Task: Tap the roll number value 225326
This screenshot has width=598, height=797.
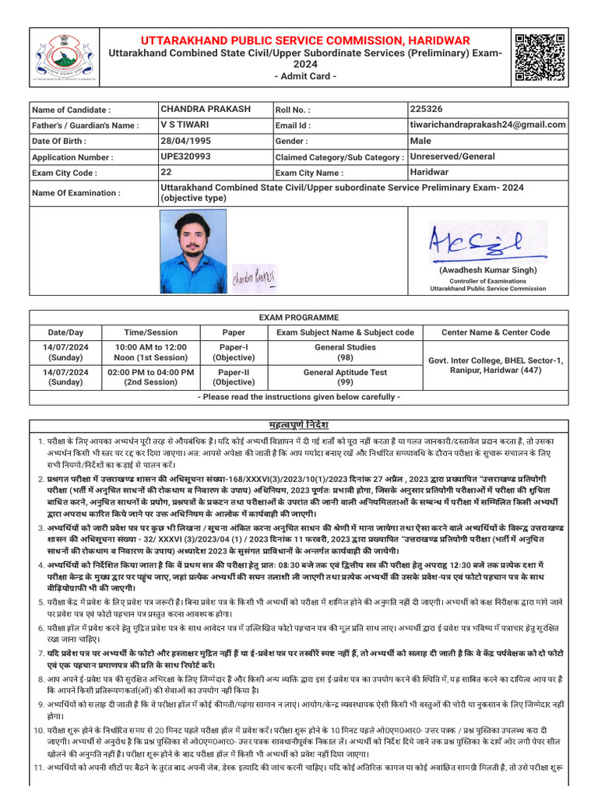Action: coord(426,109)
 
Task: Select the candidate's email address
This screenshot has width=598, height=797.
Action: coord(488,125)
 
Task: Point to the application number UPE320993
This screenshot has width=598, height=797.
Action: coord(185,156)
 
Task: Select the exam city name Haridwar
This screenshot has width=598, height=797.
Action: coord(430,172)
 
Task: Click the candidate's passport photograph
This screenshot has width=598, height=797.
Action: coord(192,251)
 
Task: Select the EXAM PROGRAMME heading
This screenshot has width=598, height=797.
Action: coord(299,318)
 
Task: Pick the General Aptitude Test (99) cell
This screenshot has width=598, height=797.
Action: coord(345,377)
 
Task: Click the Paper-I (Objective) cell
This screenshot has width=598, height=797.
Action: coord(234,353)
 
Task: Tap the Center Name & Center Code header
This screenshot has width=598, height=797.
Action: coord(495,332)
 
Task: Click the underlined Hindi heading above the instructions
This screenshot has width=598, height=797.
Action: coord(299,426)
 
